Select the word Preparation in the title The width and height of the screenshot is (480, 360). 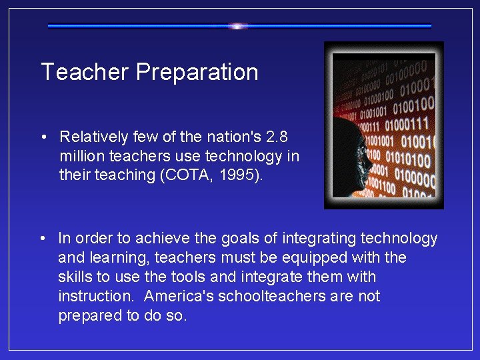(197, 72)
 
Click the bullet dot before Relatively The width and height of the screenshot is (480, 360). (43, 137)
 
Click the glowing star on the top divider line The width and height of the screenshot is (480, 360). (238, 26)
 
